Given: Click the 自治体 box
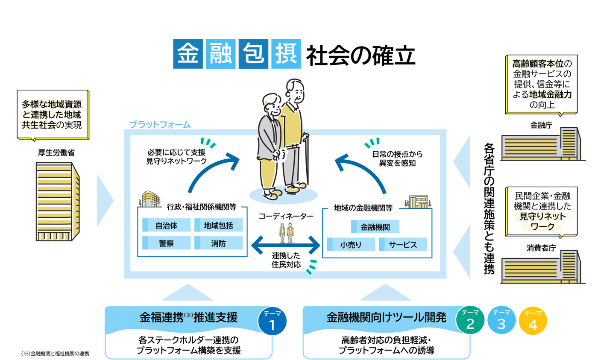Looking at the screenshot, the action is [166, 225].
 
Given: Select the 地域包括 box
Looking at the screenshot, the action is [218, 225].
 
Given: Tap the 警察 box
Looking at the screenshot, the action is [166, 243].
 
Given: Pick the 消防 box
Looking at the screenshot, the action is [218, 243].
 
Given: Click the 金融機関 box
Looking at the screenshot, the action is [375, 227].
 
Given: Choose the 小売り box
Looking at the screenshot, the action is [351, 244].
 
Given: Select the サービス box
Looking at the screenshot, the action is [403, 244].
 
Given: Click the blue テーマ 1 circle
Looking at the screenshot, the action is [273, 321].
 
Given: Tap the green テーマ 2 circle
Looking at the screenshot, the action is [470, 320].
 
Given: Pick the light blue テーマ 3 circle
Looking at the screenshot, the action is [501, 320].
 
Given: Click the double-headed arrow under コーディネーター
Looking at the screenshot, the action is [286, 245].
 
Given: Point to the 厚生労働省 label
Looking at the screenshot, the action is [56, 152].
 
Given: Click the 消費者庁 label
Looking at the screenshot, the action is [541, 248].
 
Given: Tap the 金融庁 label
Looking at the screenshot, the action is [541, 125].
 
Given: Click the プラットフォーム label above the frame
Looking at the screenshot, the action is [160, 125].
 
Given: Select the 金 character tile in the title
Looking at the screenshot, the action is [188, 54].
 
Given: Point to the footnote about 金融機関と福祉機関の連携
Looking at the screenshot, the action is [55, 354].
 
